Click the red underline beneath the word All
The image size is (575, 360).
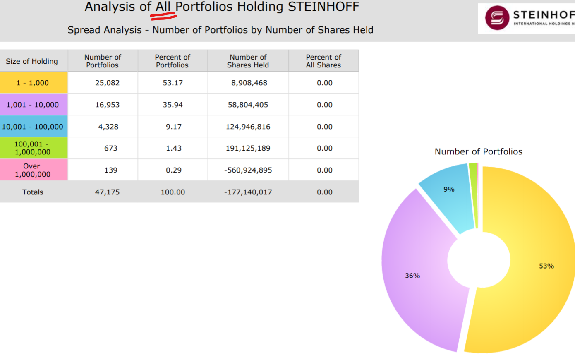coord(163,17)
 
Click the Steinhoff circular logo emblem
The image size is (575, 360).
coord(497,18)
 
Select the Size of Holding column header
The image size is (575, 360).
coord(32,61)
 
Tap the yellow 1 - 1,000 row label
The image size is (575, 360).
coord(33,83)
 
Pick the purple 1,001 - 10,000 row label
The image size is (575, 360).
coord(33,105)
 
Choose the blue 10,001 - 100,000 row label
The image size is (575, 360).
coord(33,127)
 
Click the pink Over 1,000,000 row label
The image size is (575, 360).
coord(33,170)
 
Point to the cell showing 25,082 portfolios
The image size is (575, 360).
coord(107,83)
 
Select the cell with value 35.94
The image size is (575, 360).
coord(172,105)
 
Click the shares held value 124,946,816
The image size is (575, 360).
coord(248,127)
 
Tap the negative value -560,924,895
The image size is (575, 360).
coord(248,170)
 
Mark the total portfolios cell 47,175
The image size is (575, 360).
coord(107,192)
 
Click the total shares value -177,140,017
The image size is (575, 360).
coord(248,192)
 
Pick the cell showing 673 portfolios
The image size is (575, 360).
coord(110,148)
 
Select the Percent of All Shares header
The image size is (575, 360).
coord(323,61)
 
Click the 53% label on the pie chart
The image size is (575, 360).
coord(546,266)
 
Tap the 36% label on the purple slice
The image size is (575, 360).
coord(412,276)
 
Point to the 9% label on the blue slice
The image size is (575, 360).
coord(449,190)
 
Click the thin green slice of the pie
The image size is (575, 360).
coord(473,194)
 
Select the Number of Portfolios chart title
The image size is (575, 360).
coord(478,152)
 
